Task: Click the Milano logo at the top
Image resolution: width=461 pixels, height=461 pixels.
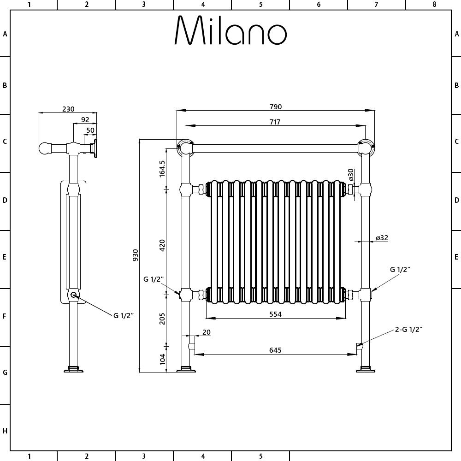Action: pos(231,30)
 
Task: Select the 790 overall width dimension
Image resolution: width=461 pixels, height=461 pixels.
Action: pos(276,107)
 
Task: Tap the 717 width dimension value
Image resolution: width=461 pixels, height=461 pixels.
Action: pos(275,122)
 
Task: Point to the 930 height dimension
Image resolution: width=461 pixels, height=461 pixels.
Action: pos(135,255)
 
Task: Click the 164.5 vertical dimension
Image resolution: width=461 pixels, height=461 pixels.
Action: pos(162,168)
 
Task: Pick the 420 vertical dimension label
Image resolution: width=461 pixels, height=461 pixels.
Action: pos(162,246)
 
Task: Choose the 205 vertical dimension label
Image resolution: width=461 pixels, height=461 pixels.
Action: pos(162,319)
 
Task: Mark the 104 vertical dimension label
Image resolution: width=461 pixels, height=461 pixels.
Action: pos(162,359)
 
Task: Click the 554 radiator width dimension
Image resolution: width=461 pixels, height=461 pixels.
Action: pos(276,314)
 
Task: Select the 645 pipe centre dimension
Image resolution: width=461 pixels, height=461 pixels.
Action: pos(276,350)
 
